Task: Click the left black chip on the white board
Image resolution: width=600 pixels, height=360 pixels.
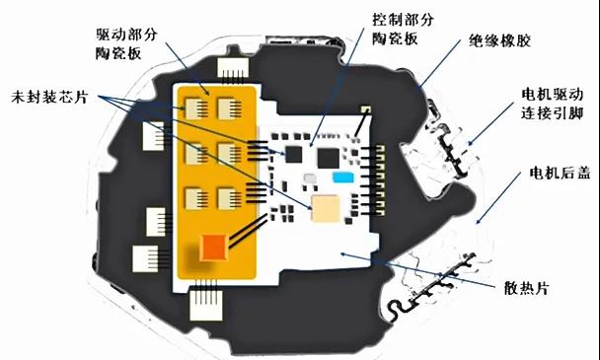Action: coord(293,153)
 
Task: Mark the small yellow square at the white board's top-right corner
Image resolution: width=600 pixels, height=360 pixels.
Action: coord(365,109)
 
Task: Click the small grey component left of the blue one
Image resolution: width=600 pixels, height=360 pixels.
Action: coord(310,179)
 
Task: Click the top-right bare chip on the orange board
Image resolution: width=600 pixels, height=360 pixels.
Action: coord(229,108)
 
